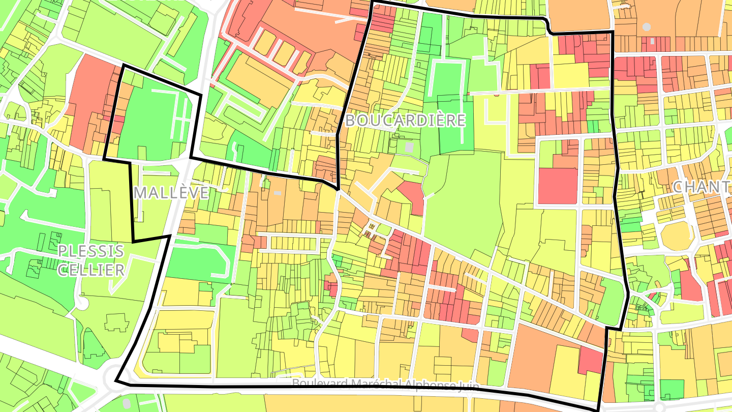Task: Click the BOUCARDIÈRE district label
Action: [x=405, y=121]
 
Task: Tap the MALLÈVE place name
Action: [x=172, y=193]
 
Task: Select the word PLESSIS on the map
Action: [x=91, y=251]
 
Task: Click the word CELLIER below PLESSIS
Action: [x=91, y=270]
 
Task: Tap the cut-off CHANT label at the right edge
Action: [x=702, y=187]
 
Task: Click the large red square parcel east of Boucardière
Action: [x=558, y=186]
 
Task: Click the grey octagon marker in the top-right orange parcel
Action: [x=646, y=26]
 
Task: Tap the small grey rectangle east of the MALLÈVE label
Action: [x=277, y=193]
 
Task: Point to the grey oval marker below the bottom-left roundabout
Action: [x=127, y=403]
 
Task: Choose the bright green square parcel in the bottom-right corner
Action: [x=672, y=389]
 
